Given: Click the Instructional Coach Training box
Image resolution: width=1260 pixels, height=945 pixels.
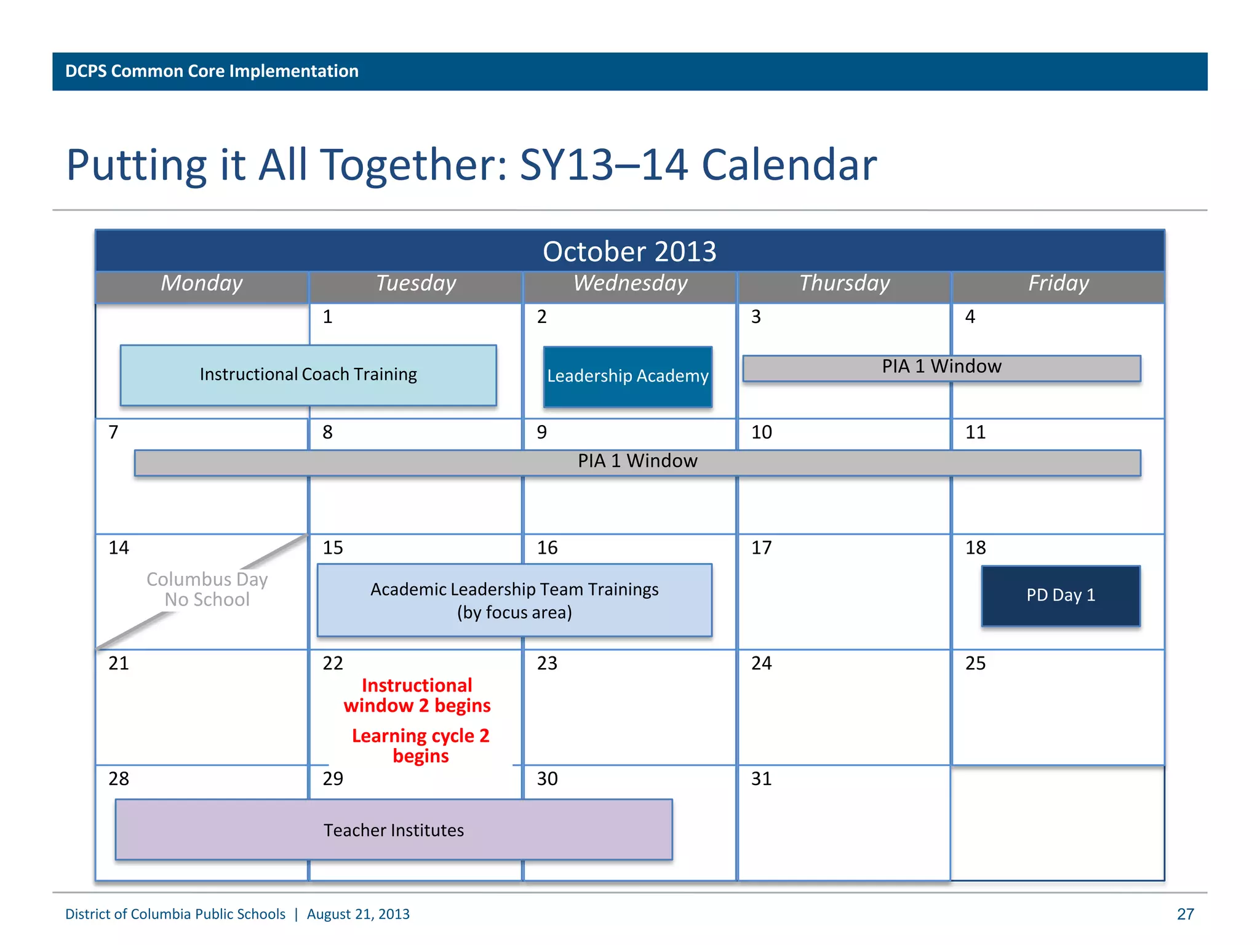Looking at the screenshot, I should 308,375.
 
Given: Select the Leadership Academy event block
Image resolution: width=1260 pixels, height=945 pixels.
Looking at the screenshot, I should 628,376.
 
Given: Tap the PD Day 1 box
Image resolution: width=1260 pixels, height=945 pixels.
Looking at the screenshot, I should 1061,596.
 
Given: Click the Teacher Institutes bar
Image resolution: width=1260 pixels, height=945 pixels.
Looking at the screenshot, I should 394,829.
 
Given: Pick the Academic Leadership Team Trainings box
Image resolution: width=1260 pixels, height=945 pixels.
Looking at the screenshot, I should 514,600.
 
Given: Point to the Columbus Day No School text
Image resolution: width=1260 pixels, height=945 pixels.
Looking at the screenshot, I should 207,589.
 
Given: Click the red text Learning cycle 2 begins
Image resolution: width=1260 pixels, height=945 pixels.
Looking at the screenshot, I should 421,745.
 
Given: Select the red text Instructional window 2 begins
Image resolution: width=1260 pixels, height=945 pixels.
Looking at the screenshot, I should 417,695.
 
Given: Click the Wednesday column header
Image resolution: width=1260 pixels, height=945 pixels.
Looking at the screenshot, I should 630,284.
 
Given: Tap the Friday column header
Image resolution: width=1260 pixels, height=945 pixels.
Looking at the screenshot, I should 1058,284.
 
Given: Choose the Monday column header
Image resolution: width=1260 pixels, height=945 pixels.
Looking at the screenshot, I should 202,284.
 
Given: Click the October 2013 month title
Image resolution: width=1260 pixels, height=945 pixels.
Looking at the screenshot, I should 629,251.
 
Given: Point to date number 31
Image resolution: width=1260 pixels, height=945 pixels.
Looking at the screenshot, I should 761,779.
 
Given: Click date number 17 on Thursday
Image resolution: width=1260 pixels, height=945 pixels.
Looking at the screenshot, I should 761,548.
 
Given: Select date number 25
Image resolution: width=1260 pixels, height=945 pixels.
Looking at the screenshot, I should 975,663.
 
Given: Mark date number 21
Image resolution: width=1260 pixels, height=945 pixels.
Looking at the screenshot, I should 119,663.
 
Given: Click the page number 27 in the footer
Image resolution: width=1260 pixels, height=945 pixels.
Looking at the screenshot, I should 1185,914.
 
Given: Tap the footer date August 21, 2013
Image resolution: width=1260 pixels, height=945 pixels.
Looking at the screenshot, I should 358,914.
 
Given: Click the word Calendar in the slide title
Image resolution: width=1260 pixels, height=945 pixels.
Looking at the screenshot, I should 789,165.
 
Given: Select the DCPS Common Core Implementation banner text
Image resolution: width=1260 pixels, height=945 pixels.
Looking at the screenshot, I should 212,71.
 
